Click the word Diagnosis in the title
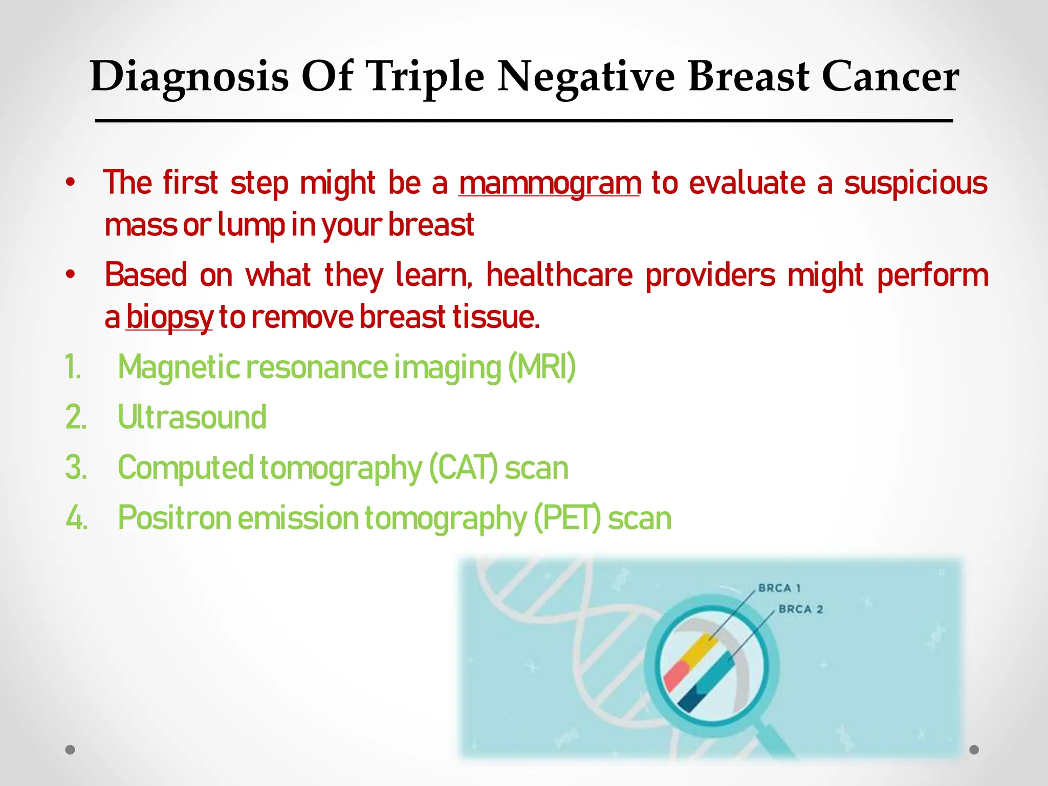point(189,77)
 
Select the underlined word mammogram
point(550,183)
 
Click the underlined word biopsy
point(169,317)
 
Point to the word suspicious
point(915,183)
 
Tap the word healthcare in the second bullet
point(559,275)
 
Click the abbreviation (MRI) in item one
point(542,367)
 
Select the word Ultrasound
point(192,417)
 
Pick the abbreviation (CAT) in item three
point(463,468)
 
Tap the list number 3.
point(76,468)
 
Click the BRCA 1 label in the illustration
point(779,588)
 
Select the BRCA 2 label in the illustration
point(800,609)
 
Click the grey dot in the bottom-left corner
point(70,750)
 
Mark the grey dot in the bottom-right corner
point(974,750)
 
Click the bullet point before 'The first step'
point(70,183)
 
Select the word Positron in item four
point(174,518)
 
